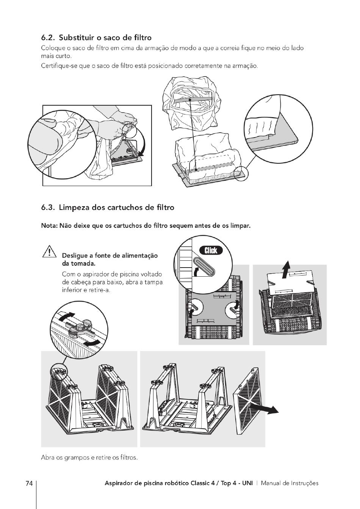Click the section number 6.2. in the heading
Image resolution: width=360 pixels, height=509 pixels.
49,38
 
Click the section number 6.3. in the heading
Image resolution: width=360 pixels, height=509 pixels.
49,208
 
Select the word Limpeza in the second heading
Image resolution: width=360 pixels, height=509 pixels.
75,208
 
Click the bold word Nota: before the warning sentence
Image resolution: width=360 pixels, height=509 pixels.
49,226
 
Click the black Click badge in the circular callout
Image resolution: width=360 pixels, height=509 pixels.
211,250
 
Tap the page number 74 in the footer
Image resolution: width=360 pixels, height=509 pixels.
29,483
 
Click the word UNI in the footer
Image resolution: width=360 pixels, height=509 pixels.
246,483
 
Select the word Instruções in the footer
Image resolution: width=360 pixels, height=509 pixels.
305,483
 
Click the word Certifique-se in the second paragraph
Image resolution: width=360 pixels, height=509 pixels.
57,66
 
